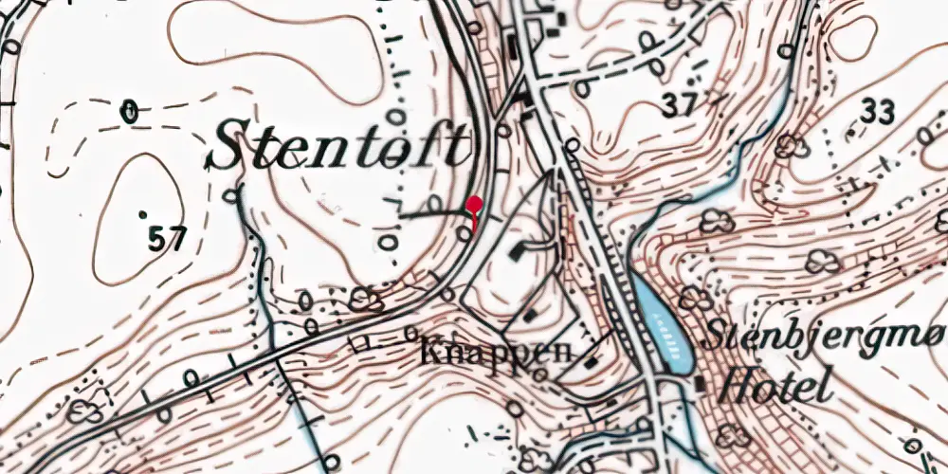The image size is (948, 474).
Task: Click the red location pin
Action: tap(475, 204)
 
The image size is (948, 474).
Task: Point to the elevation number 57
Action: tap(167, 239)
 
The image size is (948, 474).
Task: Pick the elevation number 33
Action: tap(877, 113)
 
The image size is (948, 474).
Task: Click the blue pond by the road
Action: tap(665, 328)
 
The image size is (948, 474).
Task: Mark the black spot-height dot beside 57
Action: tap(143, 215)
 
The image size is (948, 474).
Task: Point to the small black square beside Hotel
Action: tap(701, 382)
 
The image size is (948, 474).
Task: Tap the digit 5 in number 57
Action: tap(158, 239)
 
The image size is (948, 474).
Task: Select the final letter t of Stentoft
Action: tap(461, 148)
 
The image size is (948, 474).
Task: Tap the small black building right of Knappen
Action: tap(592, 359)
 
